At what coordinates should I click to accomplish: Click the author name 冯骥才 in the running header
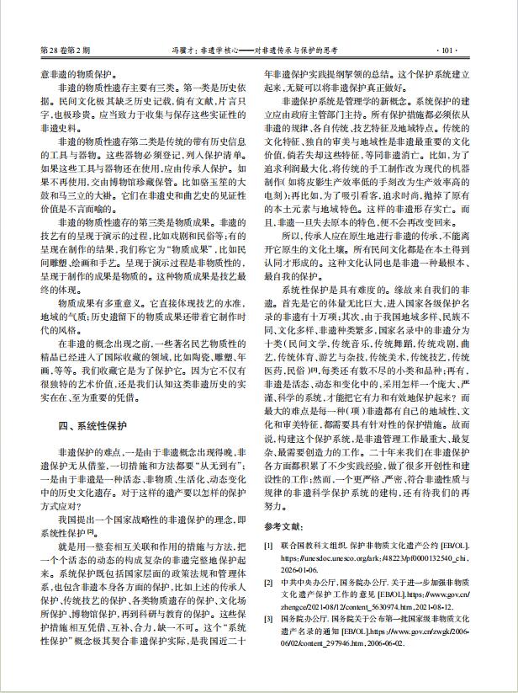coord(182,50)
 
